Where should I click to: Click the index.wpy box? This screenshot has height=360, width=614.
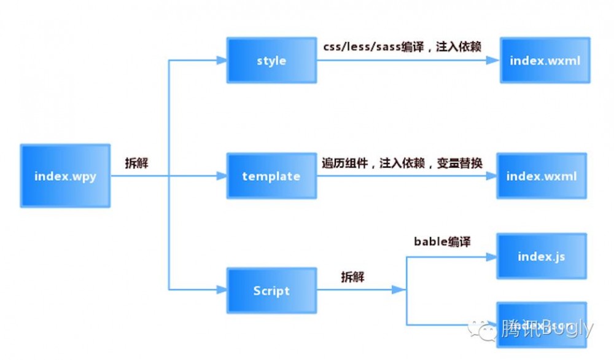(65, 176)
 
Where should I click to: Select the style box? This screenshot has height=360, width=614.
(271, 60)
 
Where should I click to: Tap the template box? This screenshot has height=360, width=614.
(271, 176)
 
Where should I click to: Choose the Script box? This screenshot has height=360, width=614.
(271, 291)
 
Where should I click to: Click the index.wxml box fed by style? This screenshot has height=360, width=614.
(545, 60)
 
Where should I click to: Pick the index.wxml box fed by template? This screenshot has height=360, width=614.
(542, 176)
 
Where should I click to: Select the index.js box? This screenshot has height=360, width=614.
(542, 256)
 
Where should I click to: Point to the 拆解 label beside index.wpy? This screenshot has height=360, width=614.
(137, 164)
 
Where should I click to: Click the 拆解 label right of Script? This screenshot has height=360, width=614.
(352, 277)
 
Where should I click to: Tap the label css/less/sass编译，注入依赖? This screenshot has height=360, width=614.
(402, 47)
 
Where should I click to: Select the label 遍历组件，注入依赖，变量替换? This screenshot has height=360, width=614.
(402, 163)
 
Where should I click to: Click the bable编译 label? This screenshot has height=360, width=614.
(442, 241)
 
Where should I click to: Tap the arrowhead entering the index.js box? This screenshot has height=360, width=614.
(491, 256)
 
